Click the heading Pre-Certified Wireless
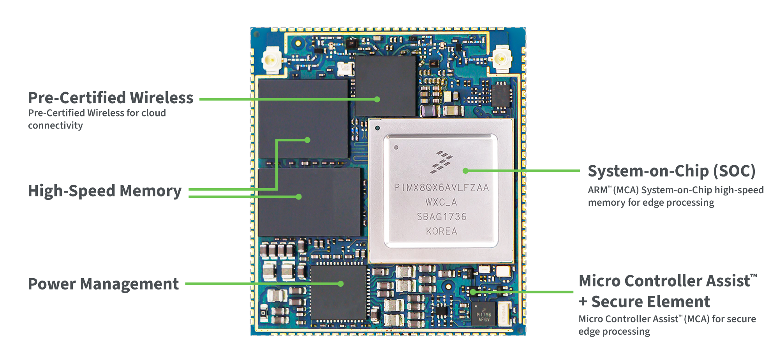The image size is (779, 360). (111, 98)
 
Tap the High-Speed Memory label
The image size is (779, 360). (105, 191)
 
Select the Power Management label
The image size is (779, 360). (103, 284)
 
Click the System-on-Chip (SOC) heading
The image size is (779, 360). (671, 171)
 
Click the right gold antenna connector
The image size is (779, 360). (502, 59)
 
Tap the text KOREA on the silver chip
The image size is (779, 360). (441, 231)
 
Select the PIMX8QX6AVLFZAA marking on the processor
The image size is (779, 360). (441, 188)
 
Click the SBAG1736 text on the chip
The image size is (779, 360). (441, 217)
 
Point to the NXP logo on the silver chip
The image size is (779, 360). (441, 162)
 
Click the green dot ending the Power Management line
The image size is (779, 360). (341, 284)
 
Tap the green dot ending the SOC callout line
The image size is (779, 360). (465, 171)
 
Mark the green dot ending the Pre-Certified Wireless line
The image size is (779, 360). (377, 99)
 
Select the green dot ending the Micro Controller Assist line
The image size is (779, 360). (472, 291)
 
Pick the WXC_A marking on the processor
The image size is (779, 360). (441, 202)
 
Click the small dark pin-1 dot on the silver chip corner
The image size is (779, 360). (377, 128)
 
